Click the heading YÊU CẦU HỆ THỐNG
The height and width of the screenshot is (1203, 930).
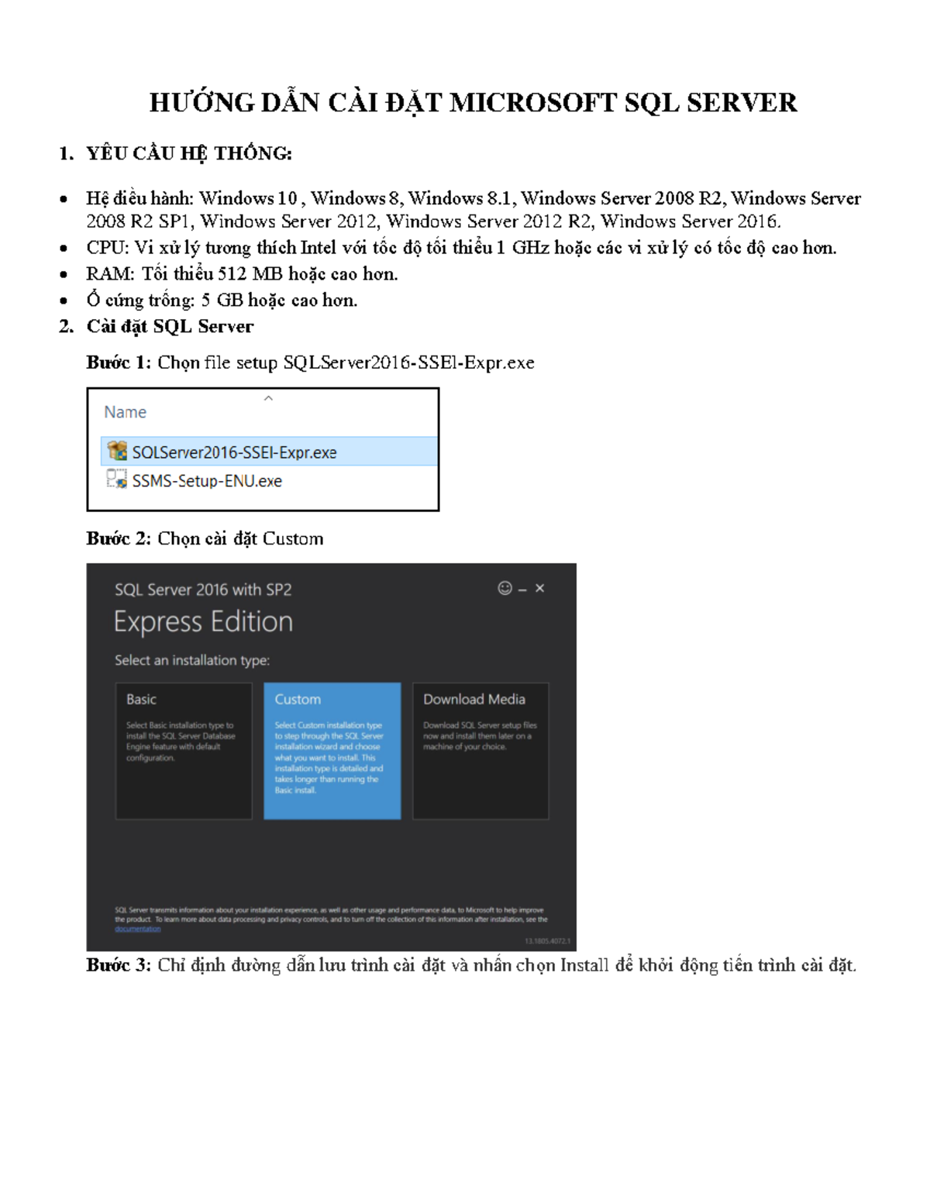click(x=188, y=153)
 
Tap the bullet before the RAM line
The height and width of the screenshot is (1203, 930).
click(x=64, y=275)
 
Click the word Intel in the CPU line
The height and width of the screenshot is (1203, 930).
click(x=318, y=248)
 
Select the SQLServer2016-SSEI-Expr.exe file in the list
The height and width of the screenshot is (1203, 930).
click(x=234, y=452)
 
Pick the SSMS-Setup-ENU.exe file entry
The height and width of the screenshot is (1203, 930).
click(x=207, y=481)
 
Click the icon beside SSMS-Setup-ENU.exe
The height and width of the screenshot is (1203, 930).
click(x=117, y=479)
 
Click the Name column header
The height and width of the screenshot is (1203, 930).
click(x=126, y=412)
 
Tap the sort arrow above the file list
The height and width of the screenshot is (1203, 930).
click(x=268, y=398)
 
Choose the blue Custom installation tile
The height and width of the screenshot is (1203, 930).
click(x=332, y=750)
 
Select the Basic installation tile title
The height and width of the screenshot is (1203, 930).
click(x=141, y=699)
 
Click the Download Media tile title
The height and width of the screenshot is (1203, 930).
click(x=474, y=699)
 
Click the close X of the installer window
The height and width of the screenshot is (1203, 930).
click(x=540, y=589)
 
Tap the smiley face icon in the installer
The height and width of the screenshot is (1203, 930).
click(x=505, y=589)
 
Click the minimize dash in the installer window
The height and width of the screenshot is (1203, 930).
click(x=522, y=590)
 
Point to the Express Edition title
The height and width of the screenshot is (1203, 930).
click(x=203, y=622)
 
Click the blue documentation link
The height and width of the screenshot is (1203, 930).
click(x=138, y=929)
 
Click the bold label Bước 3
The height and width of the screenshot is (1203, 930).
click(x=118, y=965)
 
